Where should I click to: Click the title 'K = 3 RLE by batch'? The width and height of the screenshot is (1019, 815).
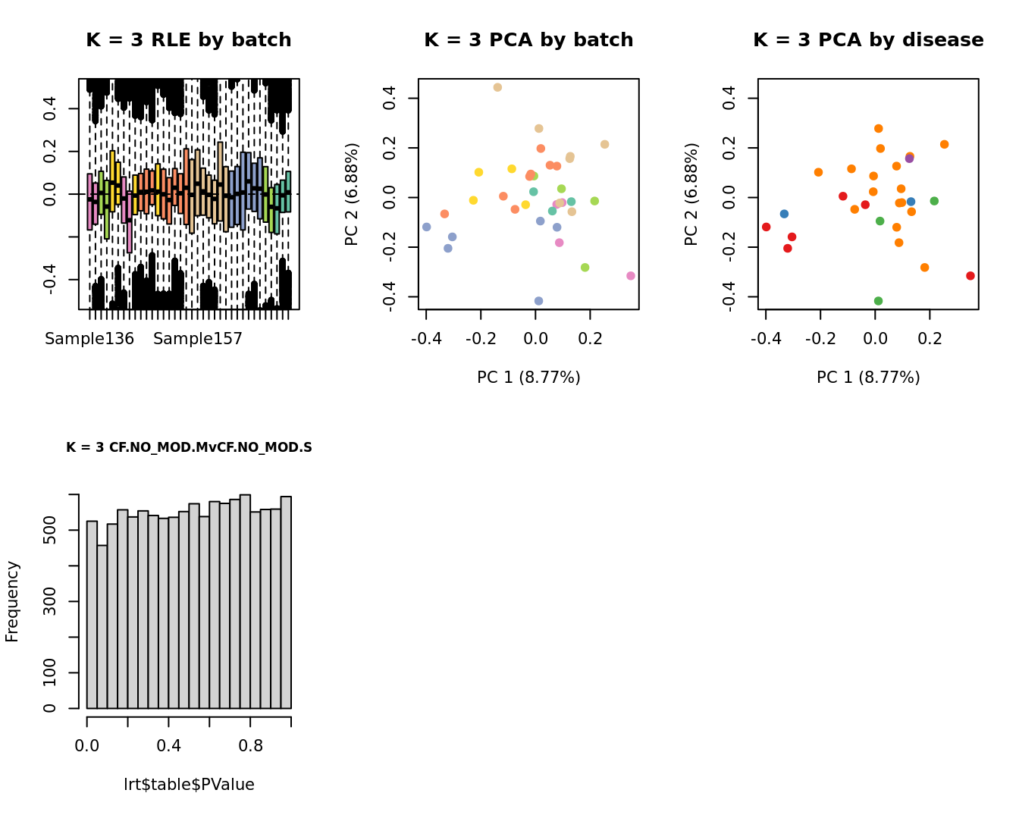[188, 40]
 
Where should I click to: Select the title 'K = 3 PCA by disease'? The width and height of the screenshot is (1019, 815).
[868, 40]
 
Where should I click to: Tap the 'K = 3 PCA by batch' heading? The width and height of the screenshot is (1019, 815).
[528, 40]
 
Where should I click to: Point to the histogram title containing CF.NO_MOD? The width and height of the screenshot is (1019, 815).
[189, 447]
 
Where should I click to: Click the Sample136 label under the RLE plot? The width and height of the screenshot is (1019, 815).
[89, 339]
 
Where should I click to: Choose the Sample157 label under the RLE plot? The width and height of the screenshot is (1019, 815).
[198, 339]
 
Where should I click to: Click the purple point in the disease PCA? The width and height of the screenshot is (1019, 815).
[909, 158]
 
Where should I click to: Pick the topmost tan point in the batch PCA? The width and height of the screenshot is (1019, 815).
[497, 88]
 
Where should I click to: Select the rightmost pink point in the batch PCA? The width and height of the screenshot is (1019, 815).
[631, 276]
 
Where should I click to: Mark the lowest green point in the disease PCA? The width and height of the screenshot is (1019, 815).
[878, 301]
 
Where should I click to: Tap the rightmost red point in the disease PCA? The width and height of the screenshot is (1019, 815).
[970, 276]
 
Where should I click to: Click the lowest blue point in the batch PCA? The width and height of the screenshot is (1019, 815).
[538, 301]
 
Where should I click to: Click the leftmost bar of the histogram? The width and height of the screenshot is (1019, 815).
[92, 614]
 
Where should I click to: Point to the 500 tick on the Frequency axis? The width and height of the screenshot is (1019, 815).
[50, 530]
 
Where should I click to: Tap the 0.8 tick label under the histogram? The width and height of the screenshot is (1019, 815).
[251, 745]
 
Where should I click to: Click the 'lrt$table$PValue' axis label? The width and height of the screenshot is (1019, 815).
[189, 785]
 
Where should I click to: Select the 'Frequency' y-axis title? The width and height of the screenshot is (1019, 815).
[12, 601]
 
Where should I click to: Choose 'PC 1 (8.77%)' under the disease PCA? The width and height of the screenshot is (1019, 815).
[868, 378]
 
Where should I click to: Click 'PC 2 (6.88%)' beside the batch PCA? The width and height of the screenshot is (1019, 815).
[352, 194]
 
